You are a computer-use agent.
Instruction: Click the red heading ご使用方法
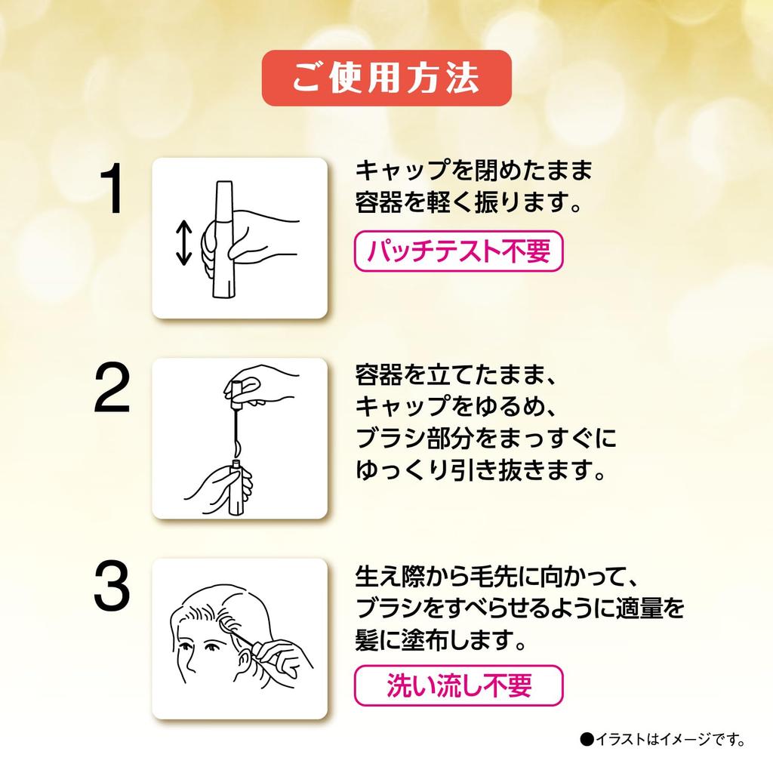coord(386,78)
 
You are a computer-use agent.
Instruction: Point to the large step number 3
coord(112,587)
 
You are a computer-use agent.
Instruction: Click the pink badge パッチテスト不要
coord(458,251)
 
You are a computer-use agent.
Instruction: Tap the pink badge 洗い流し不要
coord(458,685)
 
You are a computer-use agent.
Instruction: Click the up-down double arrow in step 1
coord(183,242)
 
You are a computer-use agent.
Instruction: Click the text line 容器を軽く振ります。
coord(468,202)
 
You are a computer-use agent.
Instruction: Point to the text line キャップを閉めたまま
coord(473,171)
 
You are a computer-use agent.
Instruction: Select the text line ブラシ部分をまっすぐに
coord(485,439)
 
